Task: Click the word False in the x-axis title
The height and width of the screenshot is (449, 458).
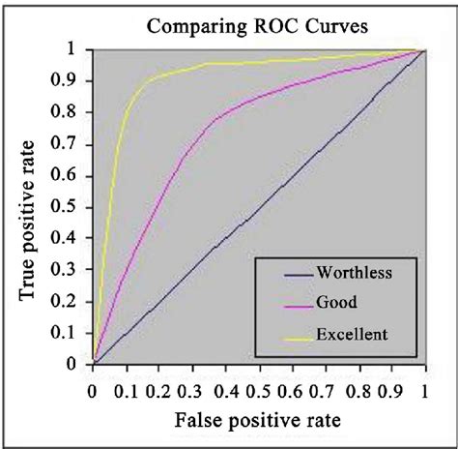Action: click(201, 422)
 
